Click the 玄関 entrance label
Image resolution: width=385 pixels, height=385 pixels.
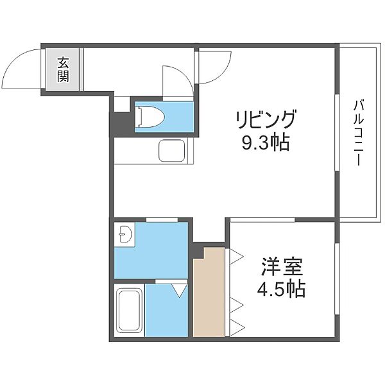click(64, 70)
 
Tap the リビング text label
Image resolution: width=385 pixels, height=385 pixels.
click(266, 119)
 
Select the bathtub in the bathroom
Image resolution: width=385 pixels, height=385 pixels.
click(130, 311)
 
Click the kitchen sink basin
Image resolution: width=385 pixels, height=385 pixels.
click(172, 152)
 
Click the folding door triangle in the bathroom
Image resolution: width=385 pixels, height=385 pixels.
click(179, 290)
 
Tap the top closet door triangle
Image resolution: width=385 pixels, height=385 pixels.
click(235, 256)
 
